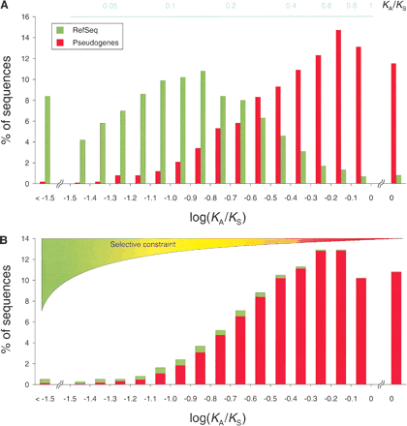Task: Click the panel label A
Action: point(7,7)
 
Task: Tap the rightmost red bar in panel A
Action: point(392,123)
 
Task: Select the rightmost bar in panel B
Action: point(393,328)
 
